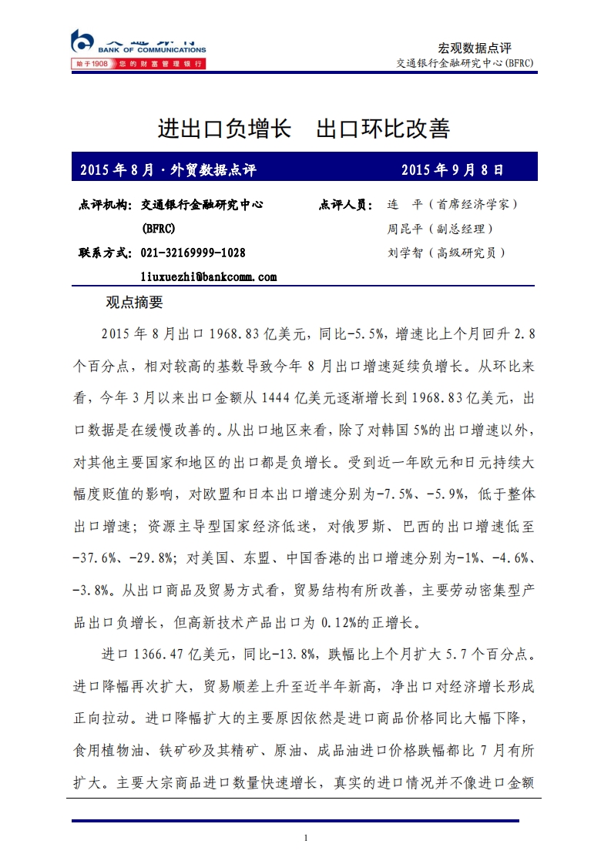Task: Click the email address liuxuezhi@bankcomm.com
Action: [x=209, y=276]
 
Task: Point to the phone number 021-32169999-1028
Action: [x=193, y=253]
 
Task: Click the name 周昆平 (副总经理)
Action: [x=440, y=229]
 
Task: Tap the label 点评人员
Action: [x=345, y=205]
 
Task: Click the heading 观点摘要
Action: [x=134, y=303]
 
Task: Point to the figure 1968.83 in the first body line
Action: [x=233, y=333]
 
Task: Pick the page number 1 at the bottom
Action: [x=306, y=838]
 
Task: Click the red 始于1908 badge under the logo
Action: [x=91, y=64]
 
